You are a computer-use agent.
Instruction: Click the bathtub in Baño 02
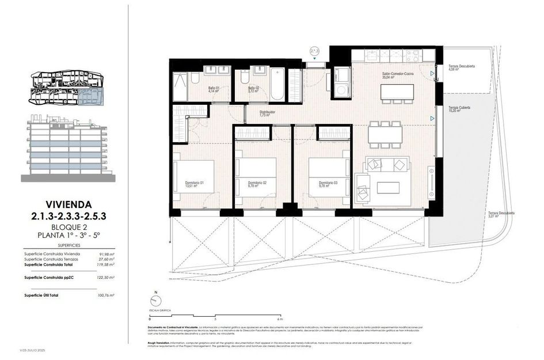pos(277,84)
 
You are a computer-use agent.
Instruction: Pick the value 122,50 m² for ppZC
pos(106,278)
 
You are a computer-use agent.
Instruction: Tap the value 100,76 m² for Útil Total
pos(106,295)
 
